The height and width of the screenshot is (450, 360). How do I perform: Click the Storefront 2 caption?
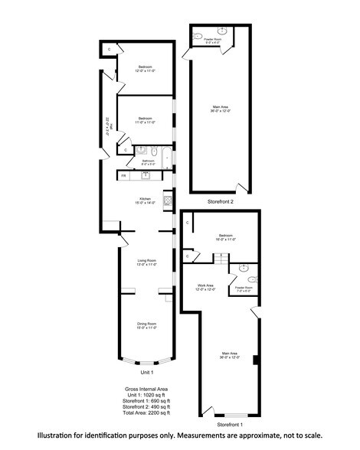221,201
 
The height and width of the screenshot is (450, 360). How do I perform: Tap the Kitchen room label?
146,201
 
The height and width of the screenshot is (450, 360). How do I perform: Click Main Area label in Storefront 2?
221,109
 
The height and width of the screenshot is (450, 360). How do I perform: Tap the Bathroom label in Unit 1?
148,161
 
